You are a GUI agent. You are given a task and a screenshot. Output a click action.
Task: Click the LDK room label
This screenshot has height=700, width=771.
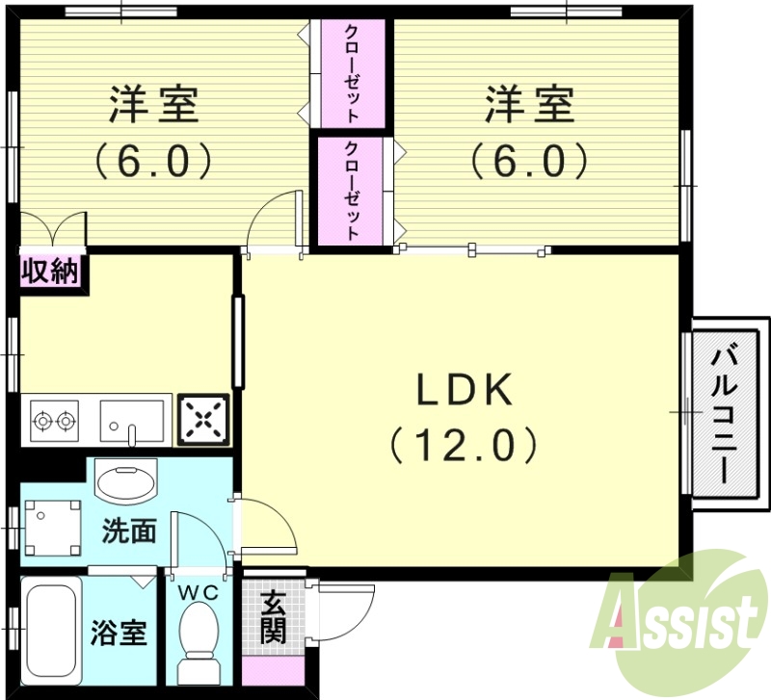click(464, 390)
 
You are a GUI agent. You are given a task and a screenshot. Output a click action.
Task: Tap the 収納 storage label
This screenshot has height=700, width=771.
click(50, 272)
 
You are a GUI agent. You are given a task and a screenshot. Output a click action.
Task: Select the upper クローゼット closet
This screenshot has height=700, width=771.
click(352, 74)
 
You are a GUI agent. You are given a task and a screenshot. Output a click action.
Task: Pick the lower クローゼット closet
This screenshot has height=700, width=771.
click(352, 191)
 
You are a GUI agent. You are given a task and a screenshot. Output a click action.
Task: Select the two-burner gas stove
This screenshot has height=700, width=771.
click(54, 421)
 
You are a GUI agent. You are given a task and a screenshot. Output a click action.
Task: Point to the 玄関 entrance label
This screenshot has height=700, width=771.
click(273, 618)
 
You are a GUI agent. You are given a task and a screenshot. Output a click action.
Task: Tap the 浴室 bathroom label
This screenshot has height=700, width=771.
click(119, 635)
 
